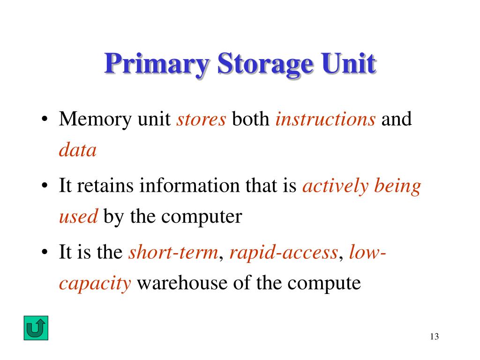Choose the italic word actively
tap(336, 186)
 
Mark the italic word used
tap(78, 217)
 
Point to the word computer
tap(205, 217)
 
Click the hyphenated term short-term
tap(173, 253)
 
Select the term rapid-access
tap(284, 253)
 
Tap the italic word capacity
tap(95, 283)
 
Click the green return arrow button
tap(36, 328)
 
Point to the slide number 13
tap(434, 337)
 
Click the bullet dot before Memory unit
tap(44, 120)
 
